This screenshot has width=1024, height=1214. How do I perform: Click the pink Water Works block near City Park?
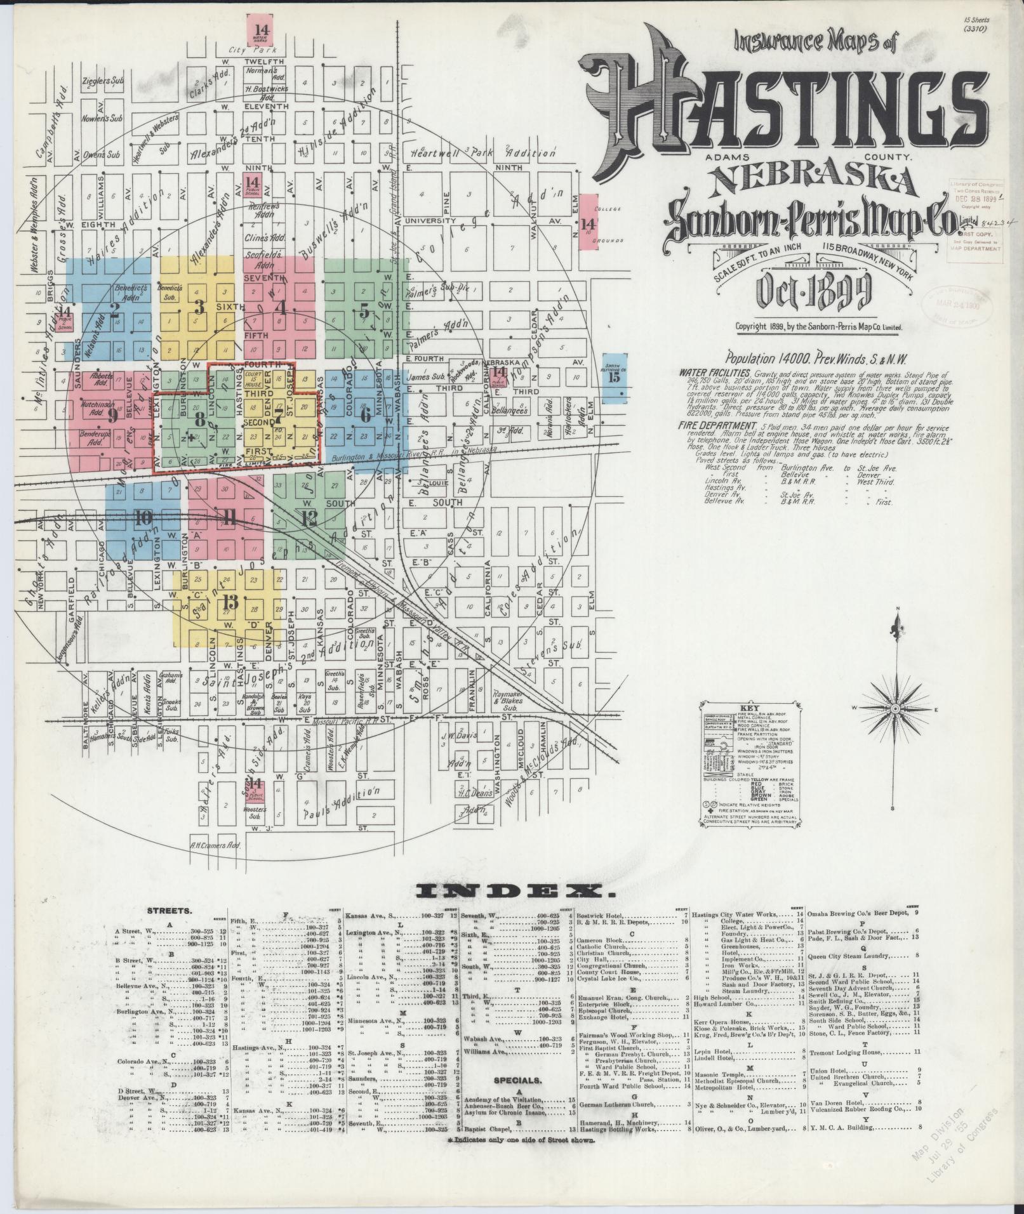262,30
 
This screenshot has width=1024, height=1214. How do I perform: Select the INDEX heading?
515,891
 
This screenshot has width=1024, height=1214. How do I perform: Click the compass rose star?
894,708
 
